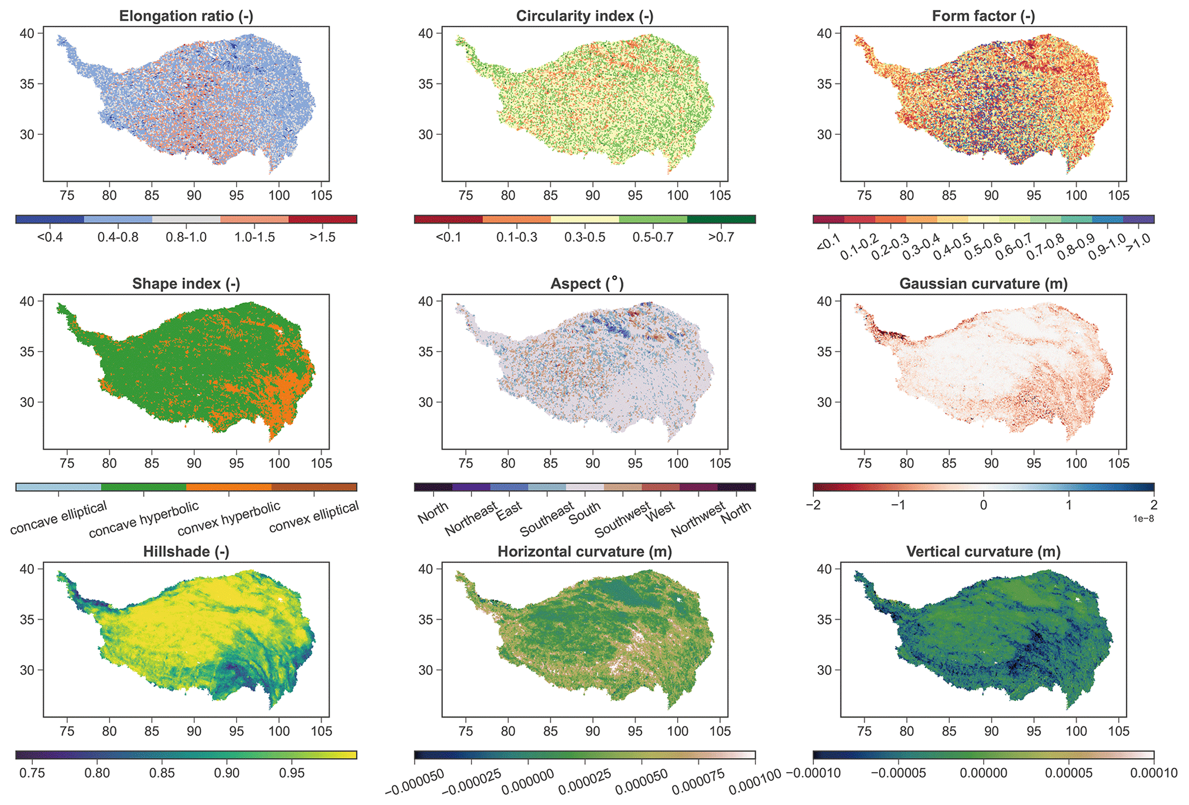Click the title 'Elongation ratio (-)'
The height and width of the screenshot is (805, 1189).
pyautogui.click(x=186, y=16)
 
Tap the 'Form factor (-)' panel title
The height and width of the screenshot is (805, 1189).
pyautogui.click(x=983, y=16)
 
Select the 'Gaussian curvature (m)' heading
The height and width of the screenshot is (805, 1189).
pyautogui.click(x=983, y=284)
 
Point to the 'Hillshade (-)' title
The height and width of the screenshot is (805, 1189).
pyautogui.click(x=186, y=552)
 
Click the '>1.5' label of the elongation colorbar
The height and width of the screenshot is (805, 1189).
pyautogui.click(x=322, y=238)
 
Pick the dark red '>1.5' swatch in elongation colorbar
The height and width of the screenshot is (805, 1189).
pyautogui.click(x=322, y=219)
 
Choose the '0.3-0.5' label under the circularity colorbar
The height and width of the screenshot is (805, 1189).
pyautogui.click(x=584, y=238)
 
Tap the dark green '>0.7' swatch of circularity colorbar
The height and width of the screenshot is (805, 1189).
pyautogui.click(x=721, y=219)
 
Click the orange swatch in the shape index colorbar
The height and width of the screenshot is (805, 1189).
pyautogui.click(x=229, y=487)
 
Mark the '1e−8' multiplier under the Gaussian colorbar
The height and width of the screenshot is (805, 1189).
pyautogui.click(x=1143, y=519)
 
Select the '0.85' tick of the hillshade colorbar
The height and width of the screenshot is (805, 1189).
pyautogui.click(x=162, y=772)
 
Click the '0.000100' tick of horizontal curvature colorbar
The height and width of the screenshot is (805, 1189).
pyautogui.click(x=755, y=783)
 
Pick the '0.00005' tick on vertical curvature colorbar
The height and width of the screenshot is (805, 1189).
pyautogui.click(x=1068, y=773)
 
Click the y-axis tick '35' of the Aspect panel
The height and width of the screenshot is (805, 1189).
pyautogui.click(x=426, y=352)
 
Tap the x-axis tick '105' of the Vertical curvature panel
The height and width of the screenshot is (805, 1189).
pyautogui.click(x=1118, y=731)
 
